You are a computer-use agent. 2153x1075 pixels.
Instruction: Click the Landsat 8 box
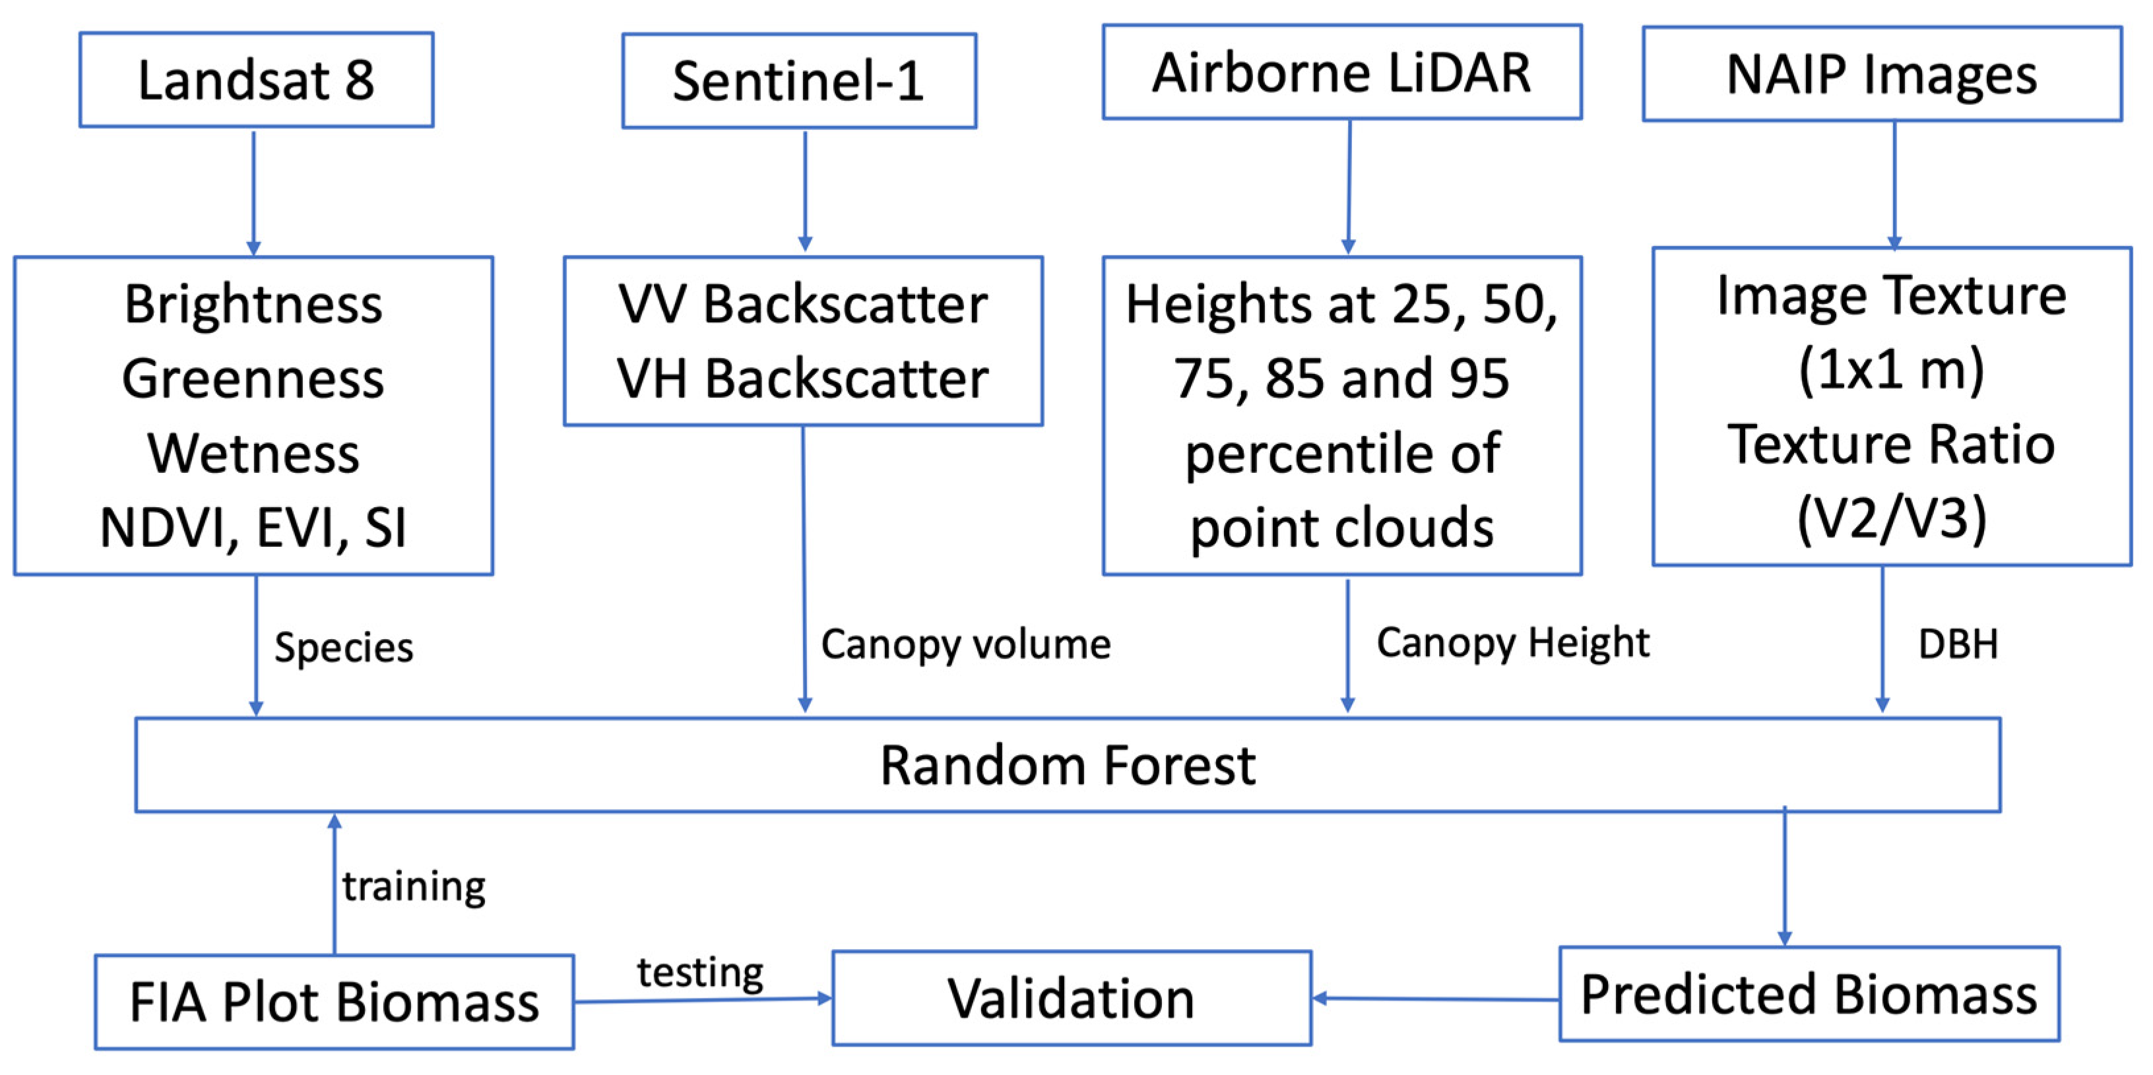256,80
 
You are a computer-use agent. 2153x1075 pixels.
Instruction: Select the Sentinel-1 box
798,81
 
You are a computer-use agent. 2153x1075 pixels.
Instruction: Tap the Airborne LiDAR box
1341,72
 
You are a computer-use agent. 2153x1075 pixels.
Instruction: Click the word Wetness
253,454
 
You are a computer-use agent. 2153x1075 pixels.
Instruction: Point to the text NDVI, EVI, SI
253,528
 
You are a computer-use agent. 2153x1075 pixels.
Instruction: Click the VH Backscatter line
802,379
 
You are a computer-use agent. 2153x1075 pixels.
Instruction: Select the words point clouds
1341,528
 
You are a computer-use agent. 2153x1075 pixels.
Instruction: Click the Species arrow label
344,648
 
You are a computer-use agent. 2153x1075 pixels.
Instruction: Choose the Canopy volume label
965,644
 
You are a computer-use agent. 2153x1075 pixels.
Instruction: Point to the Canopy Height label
1513,642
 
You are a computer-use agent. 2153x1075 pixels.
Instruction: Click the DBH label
1958,644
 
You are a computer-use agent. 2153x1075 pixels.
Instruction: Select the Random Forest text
1068,765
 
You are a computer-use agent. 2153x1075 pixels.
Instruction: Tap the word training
414,886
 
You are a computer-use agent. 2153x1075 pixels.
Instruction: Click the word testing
699,971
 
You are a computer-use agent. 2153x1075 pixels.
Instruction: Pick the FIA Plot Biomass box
335,1002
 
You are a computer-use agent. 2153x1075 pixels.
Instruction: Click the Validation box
1071,998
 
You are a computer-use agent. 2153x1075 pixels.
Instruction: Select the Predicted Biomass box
1809,994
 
